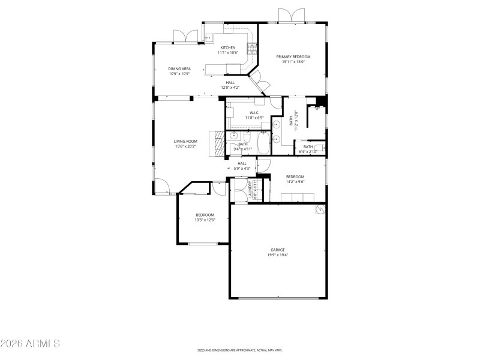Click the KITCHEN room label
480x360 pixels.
(x=228, y=47)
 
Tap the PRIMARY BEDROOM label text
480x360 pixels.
(x=293, y=56)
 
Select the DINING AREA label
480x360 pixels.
(x=179, y=68)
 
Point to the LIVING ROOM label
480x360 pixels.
(x=186, y=141)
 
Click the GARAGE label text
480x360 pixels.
(x=277, y=250)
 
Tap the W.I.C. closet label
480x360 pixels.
(x=254, y=112)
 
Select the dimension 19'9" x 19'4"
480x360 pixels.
(x=277, y=255)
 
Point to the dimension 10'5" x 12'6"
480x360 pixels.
(x=205, y=220)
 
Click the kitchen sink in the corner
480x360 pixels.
(x=208, y=38)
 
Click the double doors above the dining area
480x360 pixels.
(x=185, y=37)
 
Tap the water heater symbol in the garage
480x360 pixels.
(x=320, y=209)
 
